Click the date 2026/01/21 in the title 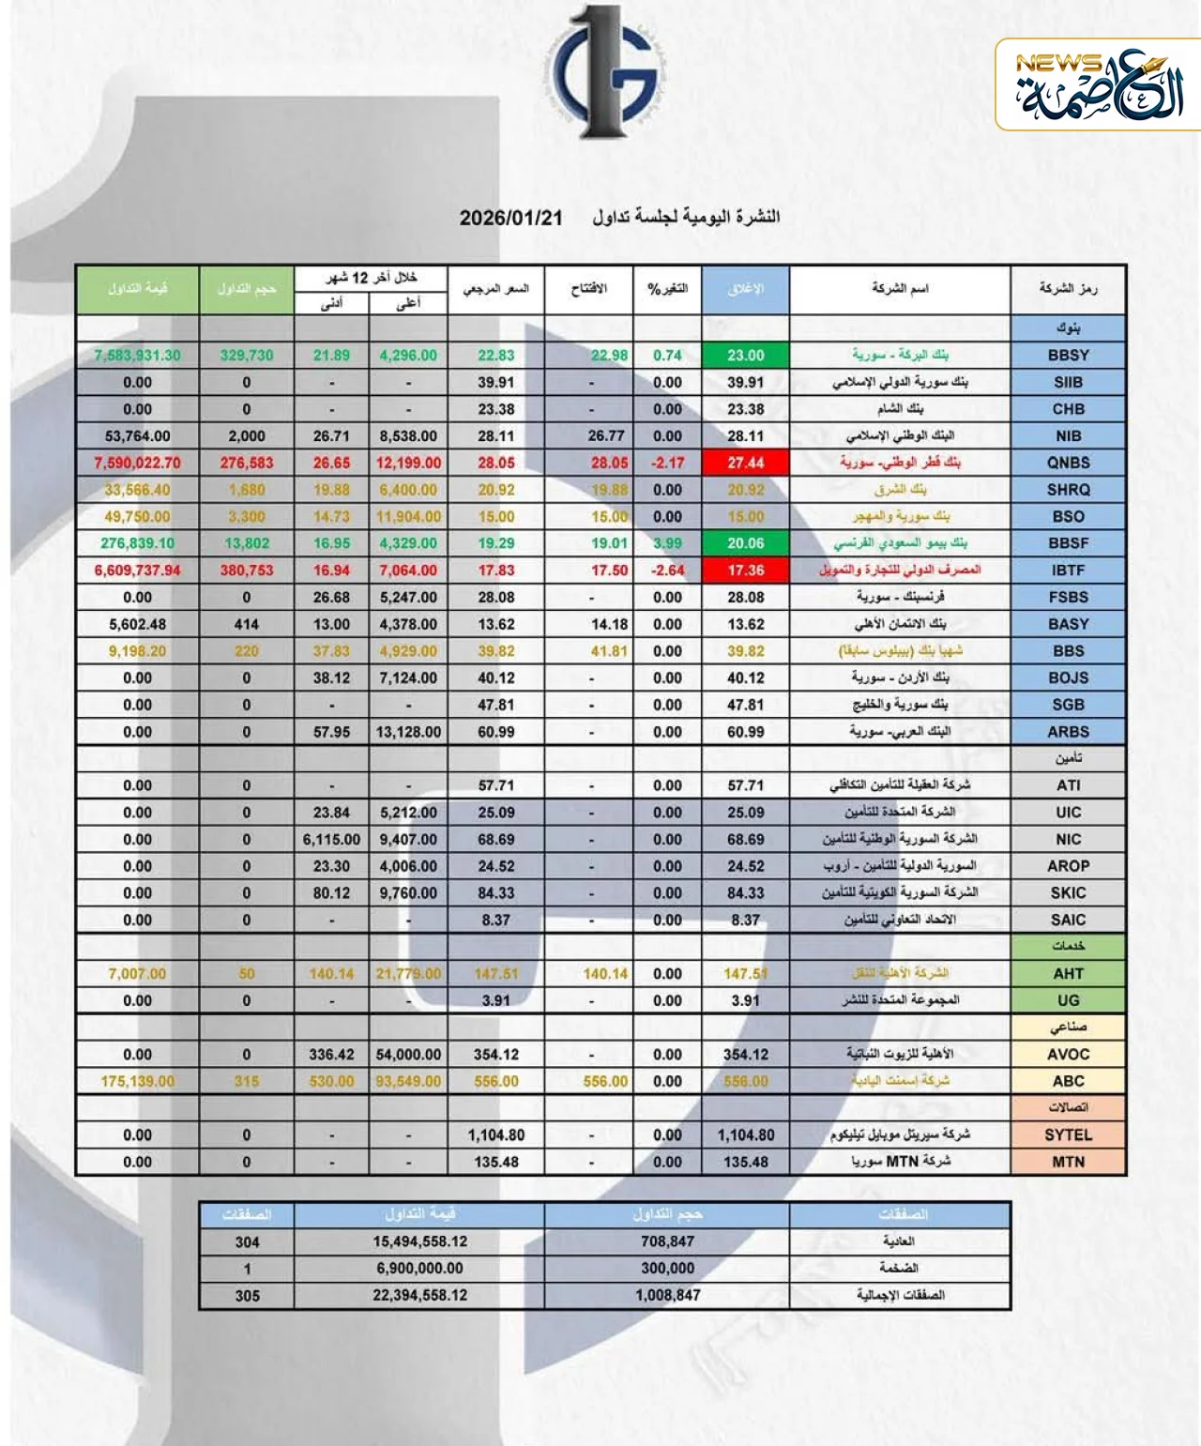click(511, 218)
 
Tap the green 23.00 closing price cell click(745, 356)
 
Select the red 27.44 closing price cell click(745, 463)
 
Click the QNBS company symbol click(1068, 463)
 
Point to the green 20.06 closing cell click(745, 543)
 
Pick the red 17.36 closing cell click(745, 571)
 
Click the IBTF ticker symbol click(1068, 571)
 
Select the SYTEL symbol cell click(1068, 1135)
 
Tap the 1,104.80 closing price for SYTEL click(746, 1135)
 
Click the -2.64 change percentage click(667, 571)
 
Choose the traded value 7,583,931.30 click(137, 356)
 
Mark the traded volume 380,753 click(247, 571)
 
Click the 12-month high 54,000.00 click(408, 1055)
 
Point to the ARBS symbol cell click(1068, 732)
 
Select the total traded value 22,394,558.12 click(419, 1296)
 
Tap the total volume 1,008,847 click(667, 1296)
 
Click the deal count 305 click(247, 1296)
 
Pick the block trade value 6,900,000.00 click(419, 1269)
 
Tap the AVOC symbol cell click(1068, 1055)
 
